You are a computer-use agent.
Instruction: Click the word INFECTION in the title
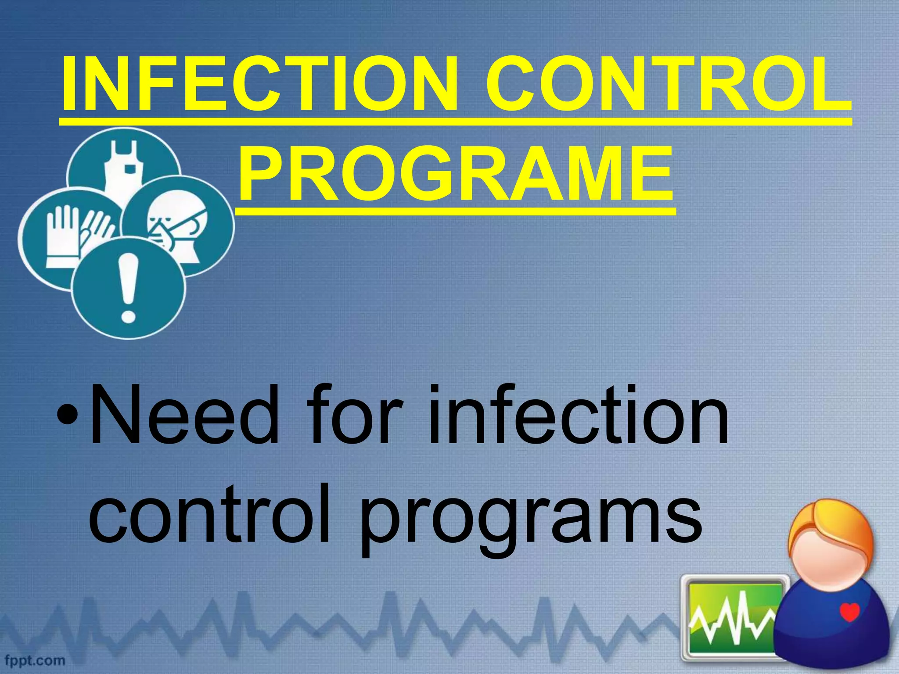pyautogui.click(x=259, y=84)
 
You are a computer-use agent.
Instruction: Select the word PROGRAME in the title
pyautogui.click(x=455, y=175)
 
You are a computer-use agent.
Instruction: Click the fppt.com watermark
pyautogui.click(x=35, y=660)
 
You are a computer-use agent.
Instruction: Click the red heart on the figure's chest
pyautogui.click(x=849, y=612)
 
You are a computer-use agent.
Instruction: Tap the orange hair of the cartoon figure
pyautogui.click(x=830, y=524)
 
